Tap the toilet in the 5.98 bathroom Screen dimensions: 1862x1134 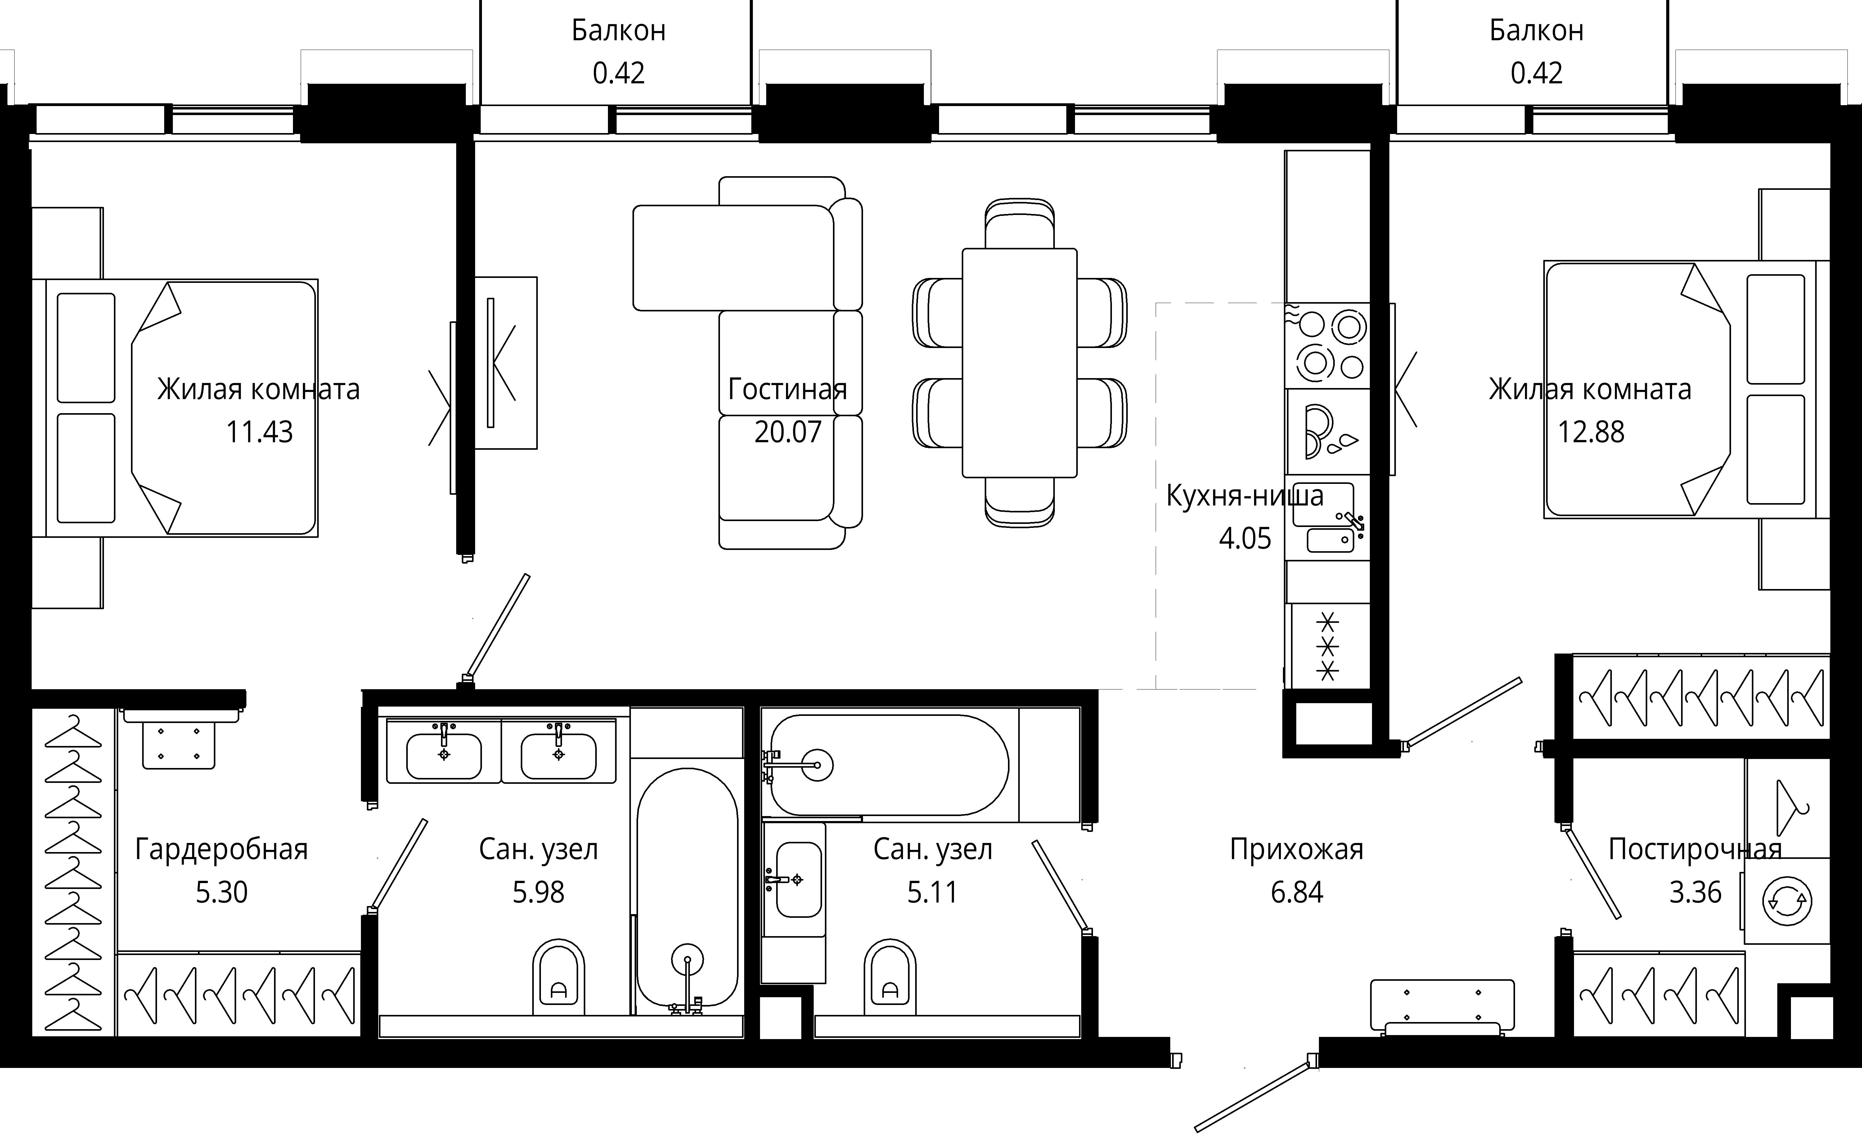(x=559, y=978)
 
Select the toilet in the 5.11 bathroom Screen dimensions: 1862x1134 (x=889, y=978)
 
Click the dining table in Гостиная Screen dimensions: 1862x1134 (x=1019, y=363)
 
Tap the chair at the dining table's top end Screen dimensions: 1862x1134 (x=1019, y=224)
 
